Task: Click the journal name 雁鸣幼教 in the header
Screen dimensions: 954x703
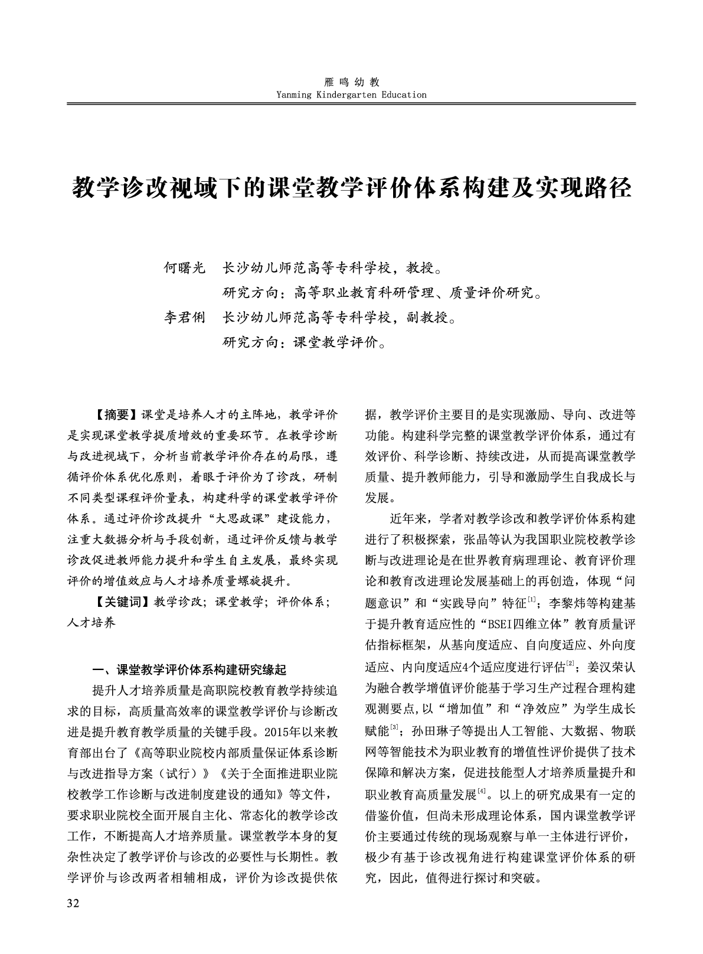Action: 352,82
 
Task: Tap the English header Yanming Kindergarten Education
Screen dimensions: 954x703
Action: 351,94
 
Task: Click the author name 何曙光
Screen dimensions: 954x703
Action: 184,269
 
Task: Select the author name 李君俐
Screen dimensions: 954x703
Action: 184,318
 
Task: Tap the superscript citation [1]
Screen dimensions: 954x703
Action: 532,600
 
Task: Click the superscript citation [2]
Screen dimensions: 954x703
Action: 570,664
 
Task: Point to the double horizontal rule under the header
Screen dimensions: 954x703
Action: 351,104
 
